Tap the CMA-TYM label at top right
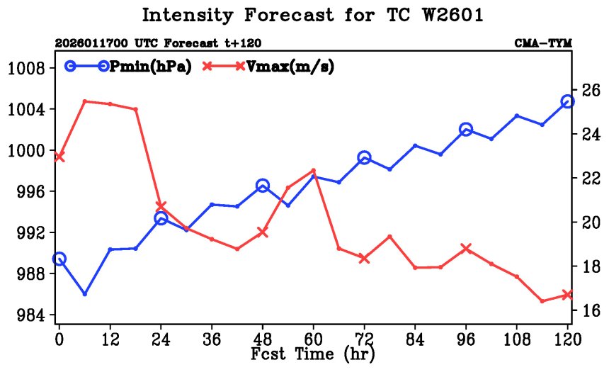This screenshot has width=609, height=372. tap(543, 44)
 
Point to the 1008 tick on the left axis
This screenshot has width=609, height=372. tap(25, 69)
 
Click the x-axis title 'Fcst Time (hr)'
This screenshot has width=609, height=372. tap(312, 351)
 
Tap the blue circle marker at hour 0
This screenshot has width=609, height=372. tap(59, 259)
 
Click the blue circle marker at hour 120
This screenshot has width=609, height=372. tap(567, 101)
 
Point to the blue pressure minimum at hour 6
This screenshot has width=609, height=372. tap(85, 293)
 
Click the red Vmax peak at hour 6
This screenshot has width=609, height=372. tap(85, 101)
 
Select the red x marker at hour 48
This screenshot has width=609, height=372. tap(263, 232)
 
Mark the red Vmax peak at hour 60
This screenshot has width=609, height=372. tap(313, 170)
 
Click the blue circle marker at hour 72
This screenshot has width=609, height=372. tap(364, 158)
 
